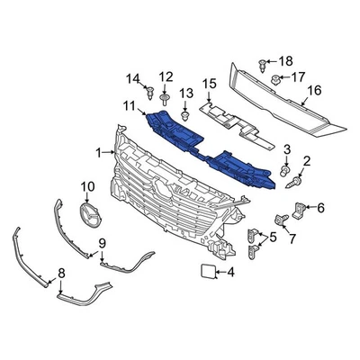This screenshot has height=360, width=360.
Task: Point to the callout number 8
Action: [x=61, y=271]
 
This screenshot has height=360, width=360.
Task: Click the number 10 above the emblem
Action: [x=87, y=186]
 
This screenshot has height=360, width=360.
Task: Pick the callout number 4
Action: [x=230, y=272]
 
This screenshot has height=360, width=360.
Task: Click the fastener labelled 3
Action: [x=284, y=169]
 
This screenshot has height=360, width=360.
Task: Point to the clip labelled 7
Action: [x=277, y=219]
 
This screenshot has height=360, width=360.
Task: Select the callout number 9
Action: [x=102, y=243]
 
